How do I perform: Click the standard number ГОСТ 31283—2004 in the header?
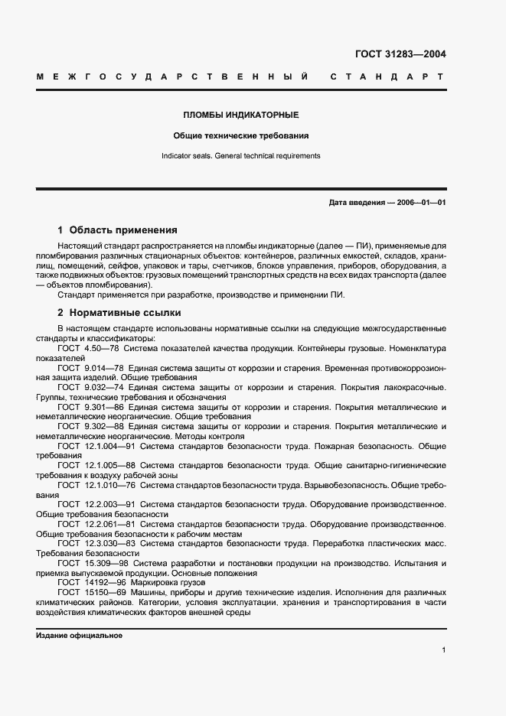point(400,54)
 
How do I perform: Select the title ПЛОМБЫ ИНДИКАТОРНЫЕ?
point(240,115)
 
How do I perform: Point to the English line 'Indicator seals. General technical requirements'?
point(240,155)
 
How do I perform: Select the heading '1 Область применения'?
point(117,229)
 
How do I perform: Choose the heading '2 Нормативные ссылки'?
point(117,313)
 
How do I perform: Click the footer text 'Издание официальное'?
point(79,636)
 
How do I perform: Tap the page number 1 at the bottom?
point(444,649)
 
